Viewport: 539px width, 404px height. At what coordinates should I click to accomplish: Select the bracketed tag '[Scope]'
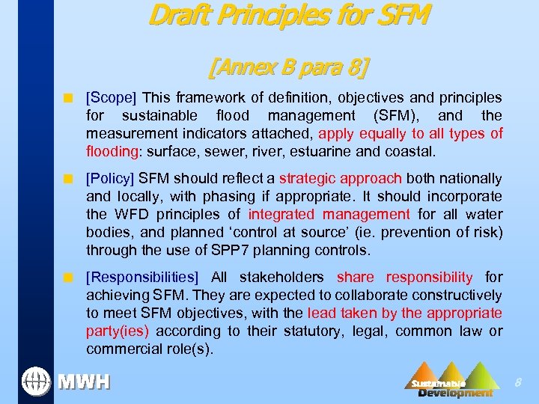click(x=112, y=98)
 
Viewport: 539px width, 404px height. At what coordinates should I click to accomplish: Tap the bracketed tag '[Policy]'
click(x=111, y=179)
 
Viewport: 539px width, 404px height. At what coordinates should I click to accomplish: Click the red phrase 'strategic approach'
click(x=341, y=179)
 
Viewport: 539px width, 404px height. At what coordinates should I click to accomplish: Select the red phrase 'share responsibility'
click(x=405, y=278)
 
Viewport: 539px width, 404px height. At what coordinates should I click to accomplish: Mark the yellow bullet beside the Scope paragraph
click(x=67, y=99)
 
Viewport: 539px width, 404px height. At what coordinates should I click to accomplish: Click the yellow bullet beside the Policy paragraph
click(x=67, y=180)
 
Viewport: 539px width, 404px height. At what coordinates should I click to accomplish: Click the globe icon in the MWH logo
click(x=34, y=382)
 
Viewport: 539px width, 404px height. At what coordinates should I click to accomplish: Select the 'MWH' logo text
click(x=85, y=382)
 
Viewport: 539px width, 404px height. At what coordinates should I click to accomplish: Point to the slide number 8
click(x=517, y=383)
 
